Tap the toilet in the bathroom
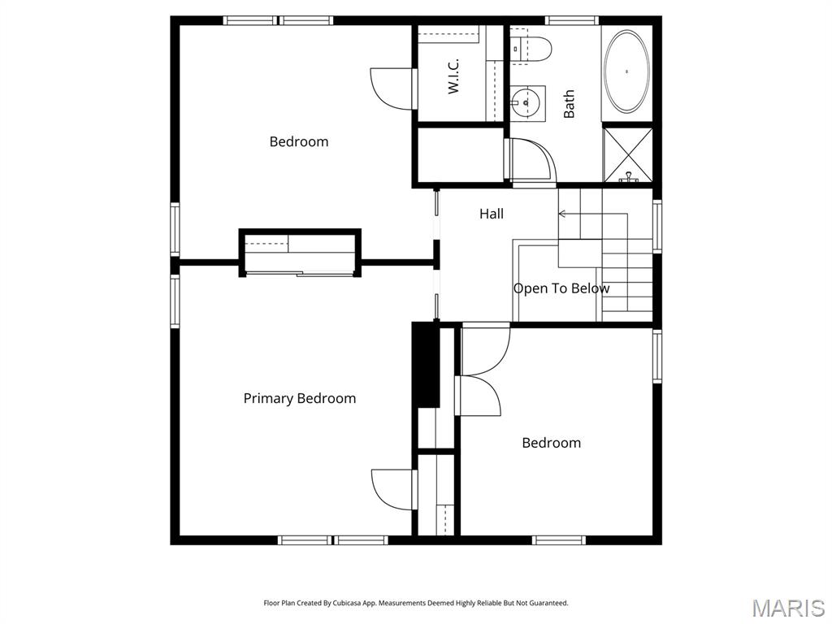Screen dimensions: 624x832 pos(535,50)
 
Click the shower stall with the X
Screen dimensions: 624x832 pos(627,154)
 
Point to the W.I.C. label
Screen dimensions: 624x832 pos(454,76)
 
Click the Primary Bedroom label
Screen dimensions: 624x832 pos(300,398)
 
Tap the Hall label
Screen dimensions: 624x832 pos(492,214)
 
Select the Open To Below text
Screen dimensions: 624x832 pos(561,288)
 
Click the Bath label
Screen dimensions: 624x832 pos(569,104)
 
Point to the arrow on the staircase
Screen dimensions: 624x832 pos(563,214)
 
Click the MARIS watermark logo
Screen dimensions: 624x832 pos(787,608)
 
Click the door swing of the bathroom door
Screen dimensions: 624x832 pos(532,159)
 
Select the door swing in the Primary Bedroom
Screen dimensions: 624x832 pos(392,489)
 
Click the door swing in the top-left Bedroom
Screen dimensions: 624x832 pos(392,88)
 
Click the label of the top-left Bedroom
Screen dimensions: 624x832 pos(299,141)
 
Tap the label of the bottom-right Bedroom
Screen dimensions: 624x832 pos(551,443)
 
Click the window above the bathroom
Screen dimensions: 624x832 pos(571,20)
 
